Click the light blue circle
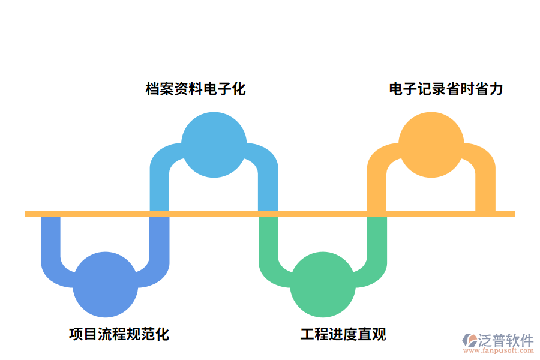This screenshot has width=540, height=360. coord(214,145)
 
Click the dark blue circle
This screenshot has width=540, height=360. coord(105,284)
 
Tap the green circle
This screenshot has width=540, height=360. coord(322,284)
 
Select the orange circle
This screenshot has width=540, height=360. coord(431,145)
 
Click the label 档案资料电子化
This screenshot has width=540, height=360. coord(196,89)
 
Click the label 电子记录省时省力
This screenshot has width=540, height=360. coord(446,89)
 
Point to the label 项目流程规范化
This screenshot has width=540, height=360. coord(119,334)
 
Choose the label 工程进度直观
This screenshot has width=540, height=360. coord(343,334)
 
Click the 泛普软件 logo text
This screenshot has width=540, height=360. coord(505,340)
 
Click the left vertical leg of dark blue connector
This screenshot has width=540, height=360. coord(51,240)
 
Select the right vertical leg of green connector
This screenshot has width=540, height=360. coord(377,240)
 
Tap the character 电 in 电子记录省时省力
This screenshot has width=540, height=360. coord(396,89)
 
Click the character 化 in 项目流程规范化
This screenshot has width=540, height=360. coord(162,334)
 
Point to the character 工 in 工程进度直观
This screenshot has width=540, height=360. coord(307,334)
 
